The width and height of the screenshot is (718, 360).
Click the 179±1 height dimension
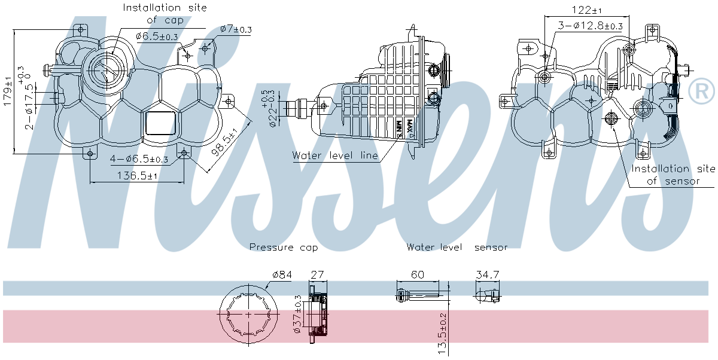point(7,91)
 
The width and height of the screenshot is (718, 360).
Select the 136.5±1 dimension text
point(137,176)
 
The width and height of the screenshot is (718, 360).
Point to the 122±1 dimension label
point(587,10)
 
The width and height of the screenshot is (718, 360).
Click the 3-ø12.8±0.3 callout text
point(590,26)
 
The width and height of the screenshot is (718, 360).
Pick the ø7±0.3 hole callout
point(236,29)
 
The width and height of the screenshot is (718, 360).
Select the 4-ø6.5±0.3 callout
point(139,159)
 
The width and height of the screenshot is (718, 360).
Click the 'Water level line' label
point(335,155)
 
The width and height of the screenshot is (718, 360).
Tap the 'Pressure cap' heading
point(284,248)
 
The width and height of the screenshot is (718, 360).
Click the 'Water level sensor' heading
point(457,247)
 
